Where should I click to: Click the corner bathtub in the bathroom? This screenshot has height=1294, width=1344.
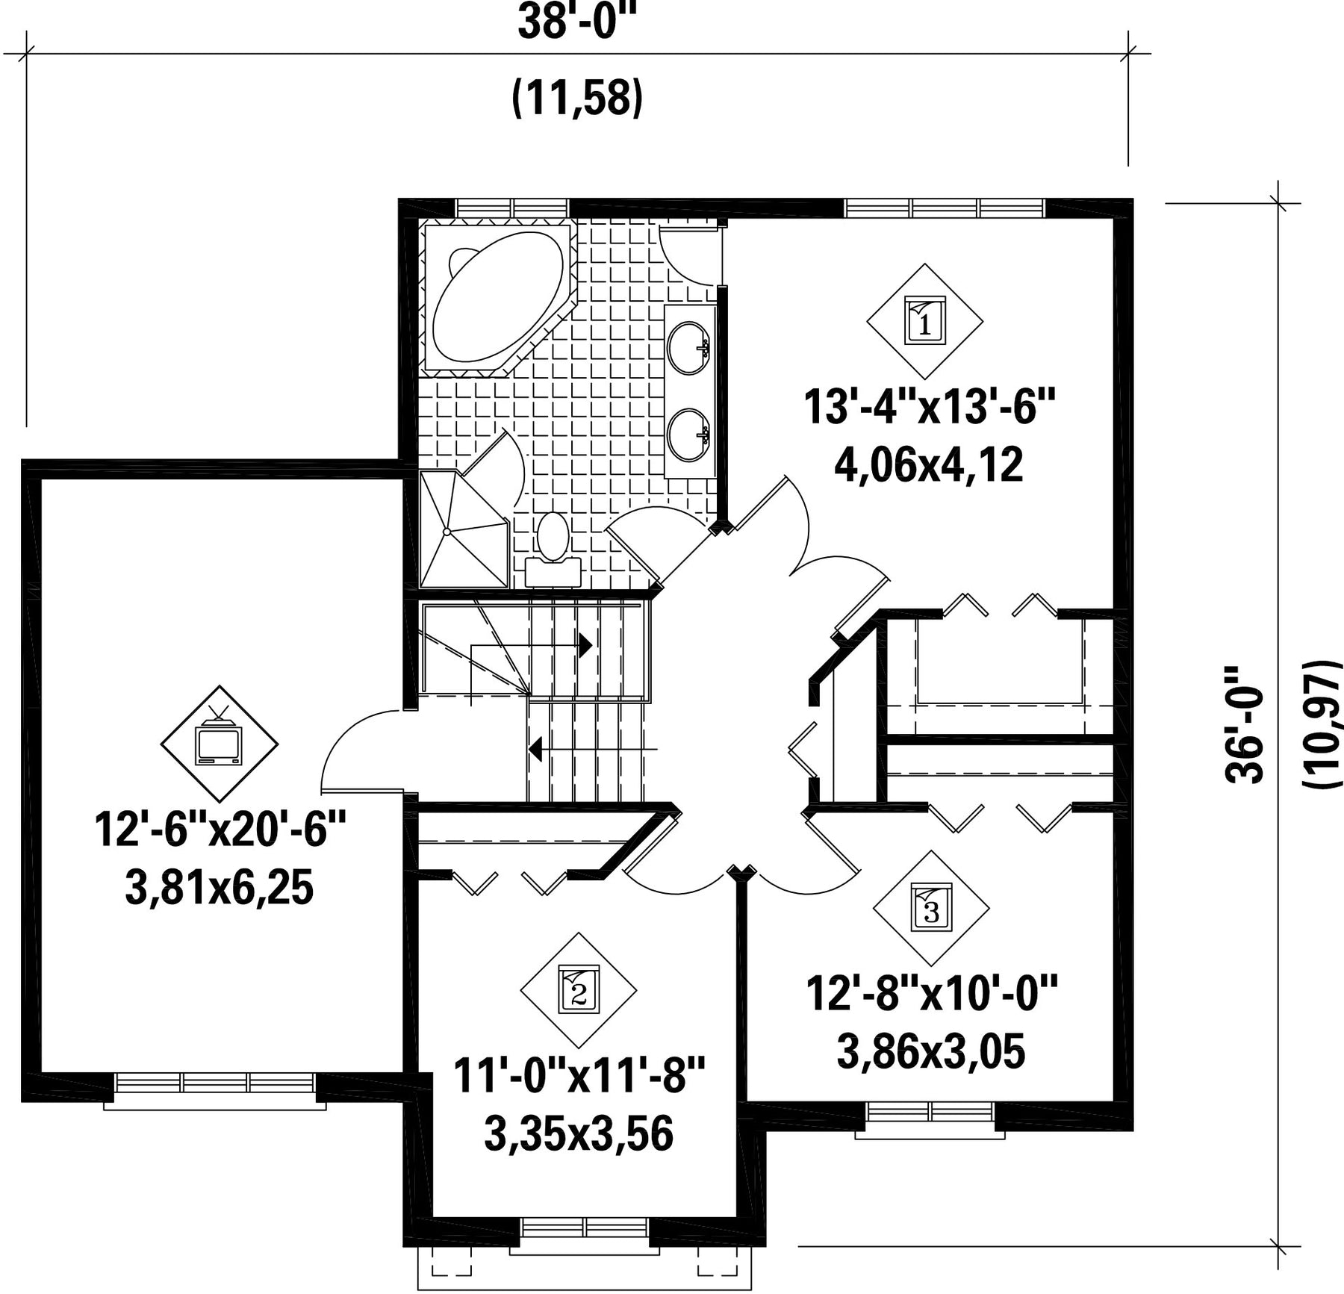(499, 299)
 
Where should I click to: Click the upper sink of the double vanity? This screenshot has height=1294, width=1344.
(688, 347)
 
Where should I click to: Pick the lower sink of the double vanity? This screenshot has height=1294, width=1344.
(688, 435)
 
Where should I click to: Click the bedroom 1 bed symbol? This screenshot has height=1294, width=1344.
(924, 321)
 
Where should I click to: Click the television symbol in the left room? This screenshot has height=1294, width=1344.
(219, 742)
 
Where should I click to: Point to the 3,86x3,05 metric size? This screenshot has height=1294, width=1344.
(931, 1052)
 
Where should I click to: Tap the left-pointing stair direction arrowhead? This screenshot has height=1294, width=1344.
(535, 747)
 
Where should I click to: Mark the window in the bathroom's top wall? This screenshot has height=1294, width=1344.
(512, 208)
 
